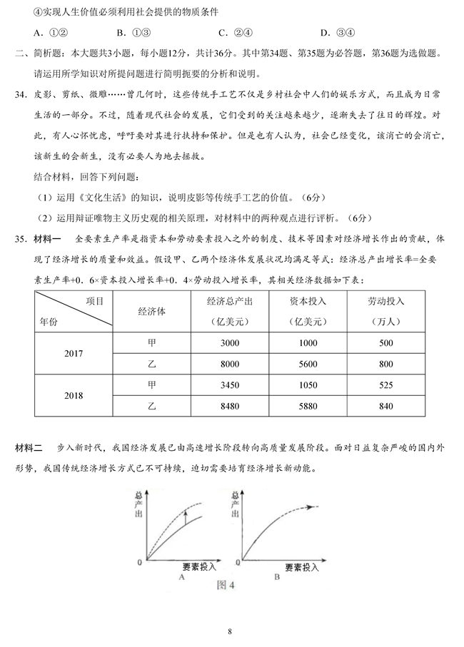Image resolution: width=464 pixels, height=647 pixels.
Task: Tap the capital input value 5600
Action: (x=309, y=364)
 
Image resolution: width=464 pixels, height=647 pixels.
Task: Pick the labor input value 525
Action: (x=386, y=385)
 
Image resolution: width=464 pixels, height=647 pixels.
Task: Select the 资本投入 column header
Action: (x=309, y=302)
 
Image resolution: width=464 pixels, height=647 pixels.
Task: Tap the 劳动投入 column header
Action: (x=386, y=302)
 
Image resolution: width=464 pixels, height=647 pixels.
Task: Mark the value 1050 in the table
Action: (x=309, y=385)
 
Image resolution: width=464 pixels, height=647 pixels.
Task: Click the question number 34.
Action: (x=22, y=94)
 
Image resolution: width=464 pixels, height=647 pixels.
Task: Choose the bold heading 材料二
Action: (x=29, y=448)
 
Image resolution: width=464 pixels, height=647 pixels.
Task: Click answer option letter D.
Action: (x=325, y=31)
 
